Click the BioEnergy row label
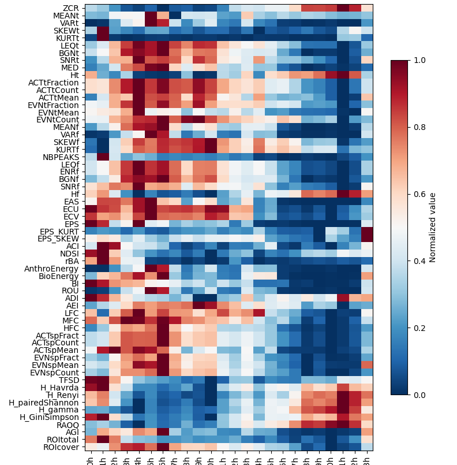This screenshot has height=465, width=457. pos(59,276)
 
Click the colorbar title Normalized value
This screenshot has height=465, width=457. pos(433,228)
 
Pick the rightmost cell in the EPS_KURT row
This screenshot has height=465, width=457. pos(366,231)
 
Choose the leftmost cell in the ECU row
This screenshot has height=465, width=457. pos(90,209)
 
